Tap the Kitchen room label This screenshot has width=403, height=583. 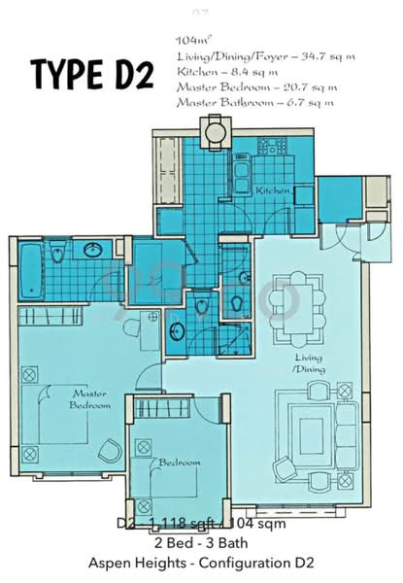[x=273, y=191]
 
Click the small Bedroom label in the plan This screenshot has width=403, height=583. [x=181, y=463]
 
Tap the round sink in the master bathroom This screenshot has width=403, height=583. [x=94, y=252]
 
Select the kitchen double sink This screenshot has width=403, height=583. [x=240, y=178]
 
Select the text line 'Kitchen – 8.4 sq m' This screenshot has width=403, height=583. [x=222, y=72]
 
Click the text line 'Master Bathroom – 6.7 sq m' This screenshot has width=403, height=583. [x=255, y=101]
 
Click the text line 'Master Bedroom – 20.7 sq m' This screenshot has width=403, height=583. [x=255, y=86]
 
